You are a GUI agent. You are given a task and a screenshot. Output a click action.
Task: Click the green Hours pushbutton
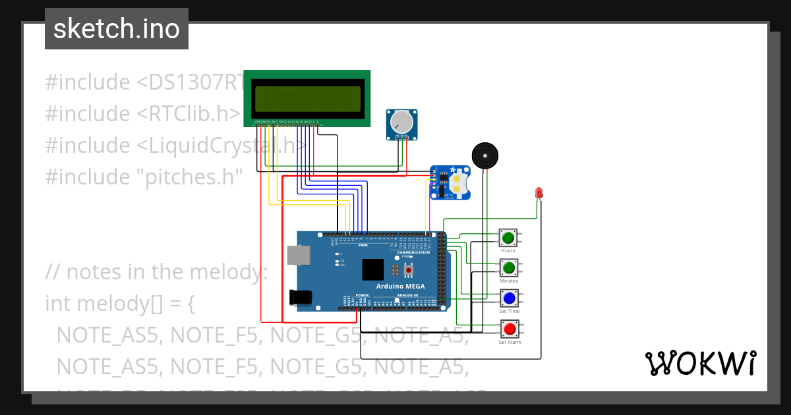click(x=508, y=238)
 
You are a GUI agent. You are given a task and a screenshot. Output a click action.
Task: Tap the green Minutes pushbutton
click(x=508, y=267)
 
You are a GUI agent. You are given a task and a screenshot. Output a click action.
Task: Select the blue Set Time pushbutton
click(x=509, y=298)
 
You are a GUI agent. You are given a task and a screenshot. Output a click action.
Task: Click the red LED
click(x=539, y=192)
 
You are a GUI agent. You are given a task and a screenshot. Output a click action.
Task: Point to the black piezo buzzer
click(x=485, y=156)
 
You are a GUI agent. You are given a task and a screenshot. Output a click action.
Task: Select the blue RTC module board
click(x=451, y=182)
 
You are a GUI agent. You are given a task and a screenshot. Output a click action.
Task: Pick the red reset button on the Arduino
click(x=409, y=270)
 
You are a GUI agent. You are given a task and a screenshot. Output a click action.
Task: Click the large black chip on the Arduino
click(x=372, y=269)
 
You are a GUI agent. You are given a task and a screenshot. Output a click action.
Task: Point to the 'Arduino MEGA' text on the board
click(x=400, y=287)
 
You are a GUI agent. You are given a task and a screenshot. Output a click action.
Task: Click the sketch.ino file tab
click(x=117, y=29)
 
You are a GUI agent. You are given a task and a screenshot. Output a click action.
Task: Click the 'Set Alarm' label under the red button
click(x=510, y=343)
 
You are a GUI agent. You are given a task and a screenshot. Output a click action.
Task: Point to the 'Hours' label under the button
click(x=508, y=251)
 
